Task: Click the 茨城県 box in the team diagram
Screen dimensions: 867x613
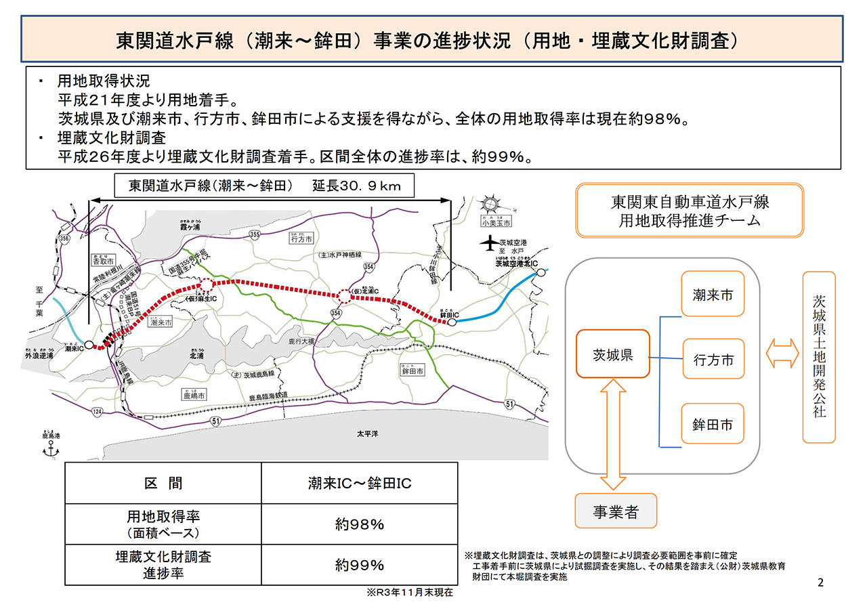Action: pos(612,354)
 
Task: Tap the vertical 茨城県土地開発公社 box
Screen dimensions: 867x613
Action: pos(818,357)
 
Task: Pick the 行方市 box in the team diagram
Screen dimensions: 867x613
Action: pos(713,360)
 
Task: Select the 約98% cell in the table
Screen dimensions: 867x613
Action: pos(359,524)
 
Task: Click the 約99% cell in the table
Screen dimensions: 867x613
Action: pos(359,565)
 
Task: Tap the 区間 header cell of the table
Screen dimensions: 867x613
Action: pos(163,483)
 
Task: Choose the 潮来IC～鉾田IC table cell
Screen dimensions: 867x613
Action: pos(359,483)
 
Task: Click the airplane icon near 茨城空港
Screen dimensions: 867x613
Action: pos(487,242)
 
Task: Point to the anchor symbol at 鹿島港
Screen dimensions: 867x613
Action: pos(47,451)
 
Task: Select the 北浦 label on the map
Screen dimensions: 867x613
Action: pos(197,354)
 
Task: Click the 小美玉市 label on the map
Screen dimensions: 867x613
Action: pos(496,221)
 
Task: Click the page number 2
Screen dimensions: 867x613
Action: pos(820,583)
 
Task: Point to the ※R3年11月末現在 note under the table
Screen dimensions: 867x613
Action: pos(409,592)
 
